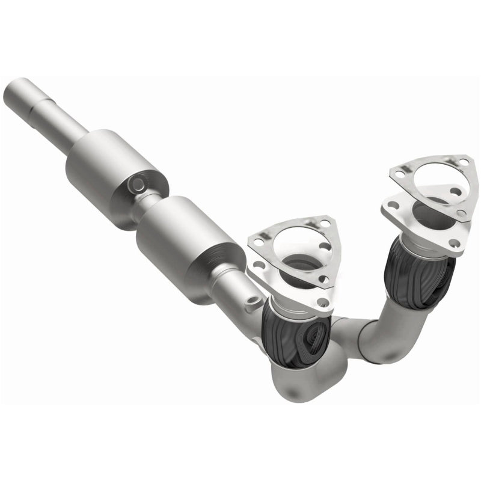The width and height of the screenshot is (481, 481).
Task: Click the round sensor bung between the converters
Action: [x=137, y=183]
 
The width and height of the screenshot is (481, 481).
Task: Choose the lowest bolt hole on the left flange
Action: [x=323, y=302]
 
